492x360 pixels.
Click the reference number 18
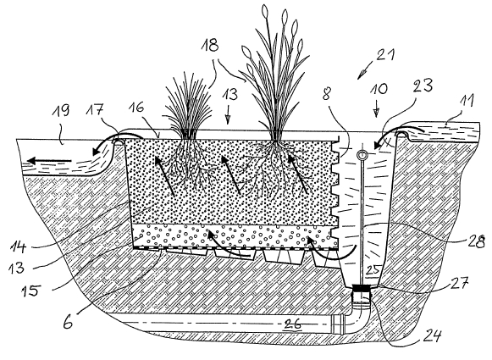[x=210, y=45]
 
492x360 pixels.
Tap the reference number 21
[x=385, y=55]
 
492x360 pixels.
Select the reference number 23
[x=423, y=86]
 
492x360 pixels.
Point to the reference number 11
[x=467, y=102]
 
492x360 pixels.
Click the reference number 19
[x=61, y=110]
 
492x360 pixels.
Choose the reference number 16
[x=135, y=108]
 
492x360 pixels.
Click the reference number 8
[x=326, y=94]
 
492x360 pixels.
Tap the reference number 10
[x=378, y=89]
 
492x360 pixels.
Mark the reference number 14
[x=18, y=246]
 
